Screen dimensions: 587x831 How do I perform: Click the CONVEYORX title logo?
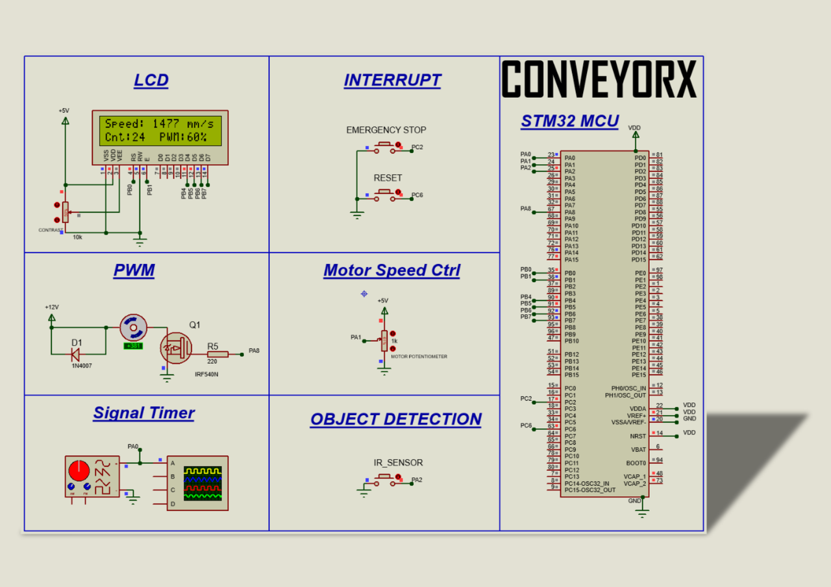click(x=599, y=80)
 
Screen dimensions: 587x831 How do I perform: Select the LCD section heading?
click(x=151, y=80)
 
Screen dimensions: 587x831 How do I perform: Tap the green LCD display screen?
click(x=160, y=130)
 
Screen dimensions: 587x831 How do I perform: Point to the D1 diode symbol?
click(x=75, y=353)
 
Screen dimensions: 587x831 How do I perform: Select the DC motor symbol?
click(x=134, y=328)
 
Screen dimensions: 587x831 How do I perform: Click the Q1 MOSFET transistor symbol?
click(x=176, y=348)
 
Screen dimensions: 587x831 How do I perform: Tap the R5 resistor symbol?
click(x=217, y=353)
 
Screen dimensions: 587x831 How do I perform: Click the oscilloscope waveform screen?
click(x=203, y=483)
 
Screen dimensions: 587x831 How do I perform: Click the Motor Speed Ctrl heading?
click(x=391, y=270)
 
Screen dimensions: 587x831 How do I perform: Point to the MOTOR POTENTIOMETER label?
click(x=419, y=357)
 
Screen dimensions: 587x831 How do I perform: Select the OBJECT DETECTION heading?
click(x=395, y=419)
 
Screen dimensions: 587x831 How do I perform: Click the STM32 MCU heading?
click(x=569, y=121)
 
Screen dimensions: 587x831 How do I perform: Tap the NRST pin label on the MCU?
click(x=638, y=436)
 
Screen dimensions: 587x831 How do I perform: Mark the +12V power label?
click(x=52, y=307)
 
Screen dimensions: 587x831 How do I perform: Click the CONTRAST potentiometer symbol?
click(x=65, y=211)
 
